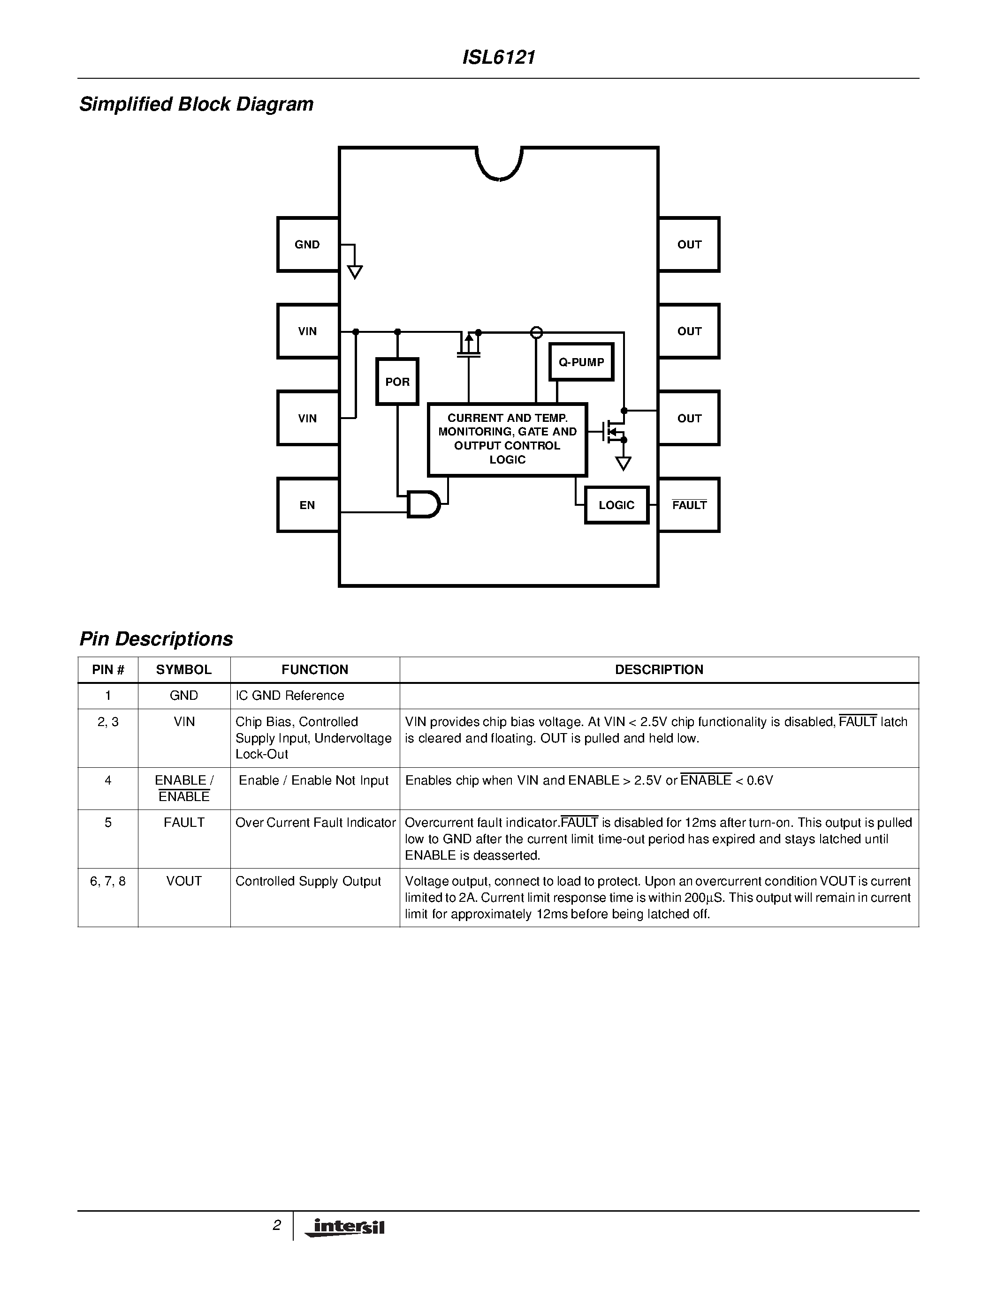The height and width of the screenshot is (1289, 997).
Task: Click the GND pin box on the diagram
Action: pyautogui.click(x=308, y=244)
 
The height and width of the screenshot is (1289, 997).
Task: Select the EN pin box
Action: pyautogui.click(x=308, y=505)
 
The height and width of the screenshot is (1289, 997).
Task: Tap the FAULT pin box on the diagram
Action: pyautogui.click(x=689, y=505)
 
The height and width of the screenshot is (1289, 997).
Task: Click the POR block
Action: pyautogui.click(x=397, y=381)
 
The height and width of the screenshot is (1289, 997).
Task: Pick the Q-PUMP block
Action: pyautogui.click(x=581, y=362)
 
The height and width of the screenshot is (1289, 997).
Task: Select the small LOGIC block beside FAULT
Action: pyautogui.click(x=616, y=505)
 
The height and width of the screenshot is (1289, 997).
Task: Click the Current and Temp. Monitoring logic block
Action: pyautogui.click(x=507, y=439)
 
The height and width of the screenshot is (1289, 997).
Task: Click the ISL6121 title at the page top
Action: pyautogui.click(x=498, y=57)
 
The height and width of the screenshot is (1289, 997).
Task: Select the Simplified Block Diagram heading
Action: pyautogui.click(x=196, y=104)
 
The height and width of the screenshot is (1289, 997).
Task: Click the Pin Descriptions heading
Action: pyautogui.click(x=156, y=638)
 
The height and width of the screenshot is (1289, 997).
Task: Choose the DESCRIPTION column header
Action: pyautogui.click(x=659, y=669)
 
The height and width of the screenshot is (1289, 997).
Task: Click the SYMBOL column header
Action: pyautogui.click(x=184, y=669)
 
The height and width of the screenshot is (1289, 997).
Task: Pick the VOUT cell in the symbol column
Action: pyautogui.click(x=184, y=881)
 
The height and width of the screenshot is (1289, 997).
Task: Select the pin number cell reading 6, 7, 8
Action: pyautogui.click(x=107, y=881)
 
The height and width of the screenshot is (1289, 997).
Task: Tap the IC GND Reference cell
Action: pyautogui.click(x=289, y=695)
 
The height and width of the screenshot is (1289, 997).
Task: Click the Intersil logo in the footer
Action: pyautogui.click(x=345, y=1228)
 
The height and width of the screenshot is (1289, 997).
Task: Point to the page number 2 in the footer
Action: pyautogui.click(x=276, y=1225)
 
